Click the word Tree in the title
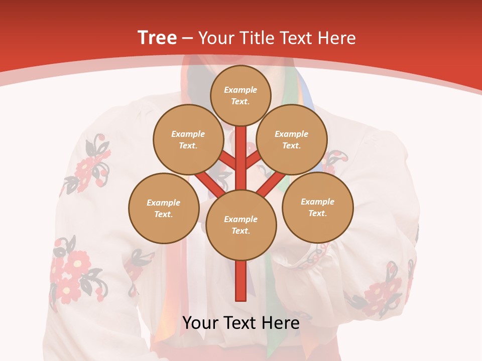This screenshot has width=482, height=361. (x=157, y=38)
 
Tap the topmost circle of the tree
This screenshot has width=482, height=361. (x=240, y=95)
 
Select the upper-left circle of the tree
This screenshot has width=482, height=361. (x=188, y=139)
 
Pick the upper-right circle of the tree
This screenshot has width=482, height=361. (x=291, y=139)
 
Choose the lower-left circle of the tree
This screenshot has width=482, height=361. (x=164, y=208)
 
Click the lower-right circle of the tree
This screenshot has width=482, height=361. (x=317, y=207)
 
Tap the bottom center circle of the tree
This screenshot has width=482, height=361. (x=241, y=225)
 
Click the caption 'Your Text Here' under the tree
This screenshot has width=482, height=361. (x=241, y=323)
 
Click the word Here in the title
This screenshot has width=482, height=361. (x=337, y=38)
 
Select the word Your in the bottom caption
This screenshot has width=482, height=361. (x=200, y=323)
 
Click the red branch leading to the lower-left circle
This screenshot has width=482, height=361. (x=208, y=183)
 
